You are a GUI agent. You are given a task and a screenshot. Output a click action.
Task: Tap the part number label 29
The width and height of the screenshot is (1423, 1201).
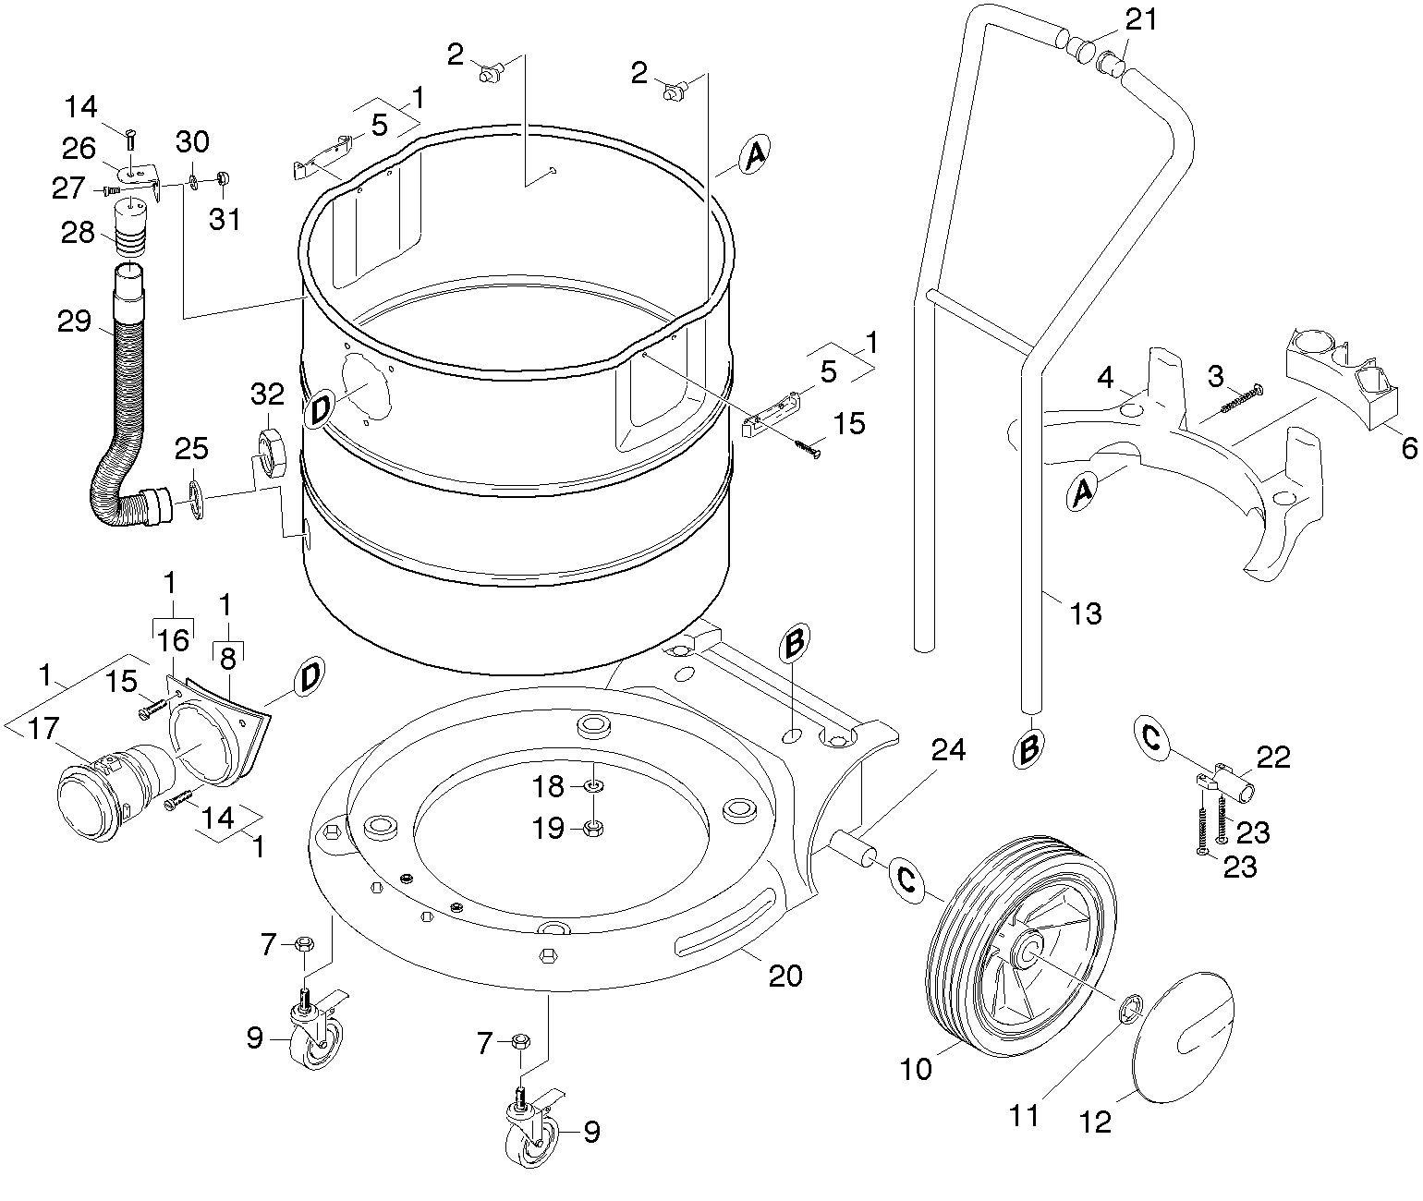point(73,322)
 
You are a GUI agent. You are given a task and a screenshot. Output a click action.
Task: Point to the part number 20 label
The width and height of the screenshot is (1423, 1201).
point(785,976)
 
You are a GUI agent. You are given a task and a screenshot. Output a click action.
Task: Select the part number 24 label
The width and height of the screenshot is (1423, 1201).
point(947,750)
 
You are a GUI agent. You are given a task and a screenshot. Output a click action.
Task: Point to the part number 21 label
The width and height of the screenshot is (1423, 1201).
point(1140,18)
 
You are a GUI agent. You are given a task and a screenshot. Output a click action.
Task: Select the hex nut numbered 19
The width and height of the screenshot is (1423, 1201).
point(594,828)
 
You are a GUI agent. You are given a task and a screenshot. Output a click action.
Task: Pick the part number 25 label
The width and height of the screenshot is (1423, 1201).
point(191,449)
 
